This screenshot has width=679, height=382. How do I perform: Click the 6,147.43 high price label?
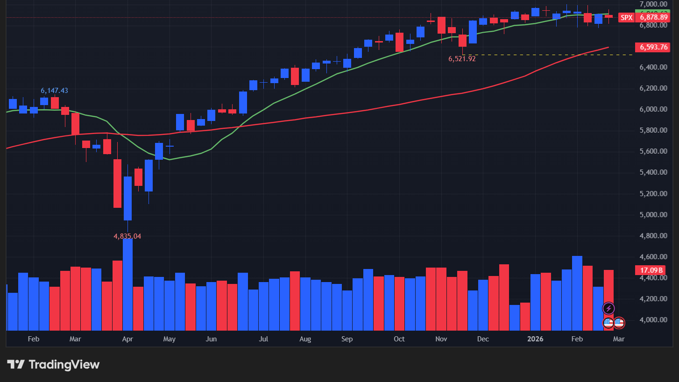[54, 91]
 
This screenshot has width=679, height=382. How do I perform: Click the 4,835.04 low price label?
[127, 236]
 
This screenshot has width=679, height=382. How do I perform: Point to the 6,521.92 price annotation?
[462, 59]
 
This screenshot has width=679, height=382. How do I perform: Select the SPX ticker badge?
[626, 18]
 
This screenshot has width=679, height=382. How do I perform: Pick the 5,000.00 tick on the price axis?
[653, 215]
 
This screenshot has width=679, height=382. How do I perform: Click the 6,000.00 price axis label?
[653, 109]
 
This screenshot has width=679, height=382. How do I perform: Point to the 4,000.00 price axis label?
[653, 320]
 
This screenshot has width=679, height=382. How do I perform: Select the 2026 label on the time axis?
[535, 339]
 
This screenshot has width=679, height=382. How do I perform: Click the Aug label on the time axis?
[305, 339]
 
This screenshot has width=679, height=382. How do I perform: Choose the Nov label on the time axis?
[441, 339]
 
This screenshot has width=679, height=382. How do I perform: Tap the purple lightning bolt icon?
[608, 308]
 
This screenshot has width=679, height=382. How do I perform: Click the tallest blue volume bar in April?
[127, 285]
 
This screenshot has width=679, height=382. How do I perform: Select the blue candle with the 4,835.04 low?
[127, 198]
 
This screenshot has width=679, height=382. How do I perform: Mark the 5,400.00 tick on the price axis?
[653, 172]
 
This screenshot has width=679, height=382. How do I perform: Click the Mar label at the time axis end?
[618, 339]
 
